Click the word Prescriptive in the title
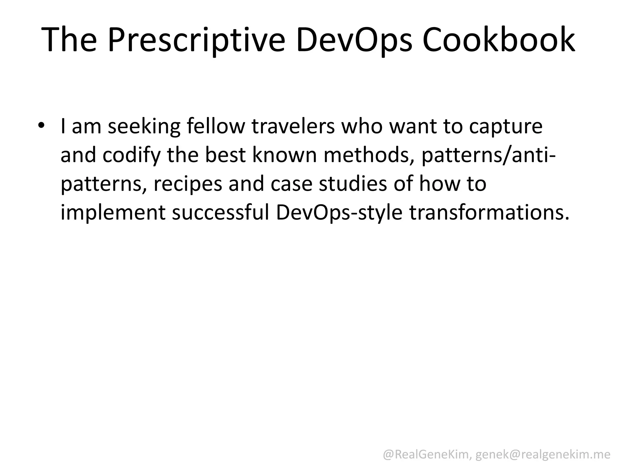pyautogui.click(x=196, y=40)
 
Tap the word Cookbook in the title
pyautogui.click(x=499, y=40)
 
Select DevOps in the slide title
pyautogui.click(x=354, y=40)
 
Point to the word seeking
pyautogui.click(x=144, y=126)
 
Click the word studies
pyautogui.click(x=353, y=183)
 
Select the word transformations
pyautogui.click(x=489, y=212)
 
